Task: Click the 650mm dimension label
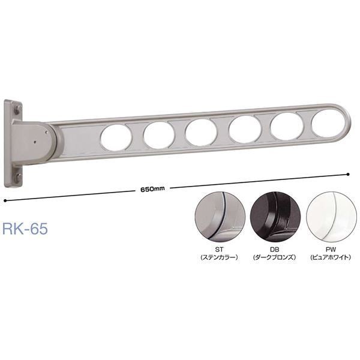(x=152, y=189)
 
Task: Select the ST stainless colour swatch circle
(x=220, y=217)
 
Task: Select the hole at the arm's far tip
(x=328, y=125)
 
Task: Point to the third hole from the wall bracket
(x=201, y=132)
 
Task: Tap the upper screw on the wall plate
(x=17, y=110)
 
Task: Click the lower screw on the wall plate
(x=18, y=176)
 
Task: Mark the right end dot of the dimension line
(x=349, y=175)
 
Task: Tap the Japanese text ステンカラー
(x=220, y=258)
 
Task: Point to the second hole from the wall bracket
(x=158, y=135)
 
